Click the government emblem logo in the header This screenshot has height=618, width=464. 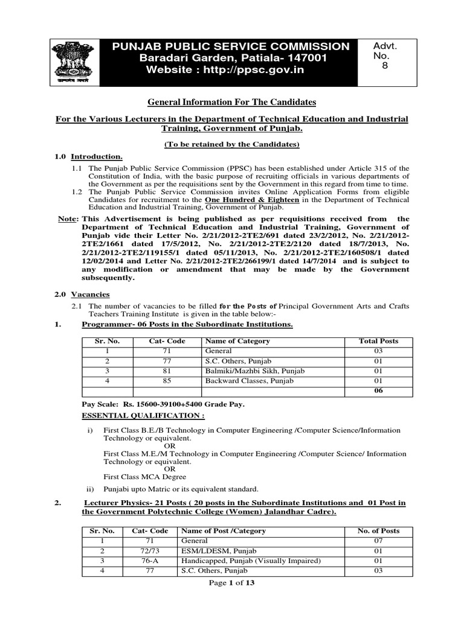coord(69,60)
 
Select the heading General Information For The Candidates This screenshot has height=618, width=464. coord(232,103)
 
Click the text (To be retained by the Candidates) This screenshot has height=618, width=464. coord(232,144)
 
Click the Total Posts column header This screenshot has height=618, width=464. coord(378,341)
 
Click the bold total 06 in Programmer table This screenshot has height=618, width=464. coord(378,390)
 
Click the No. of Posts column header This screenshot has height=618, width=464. coord(378,531)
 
